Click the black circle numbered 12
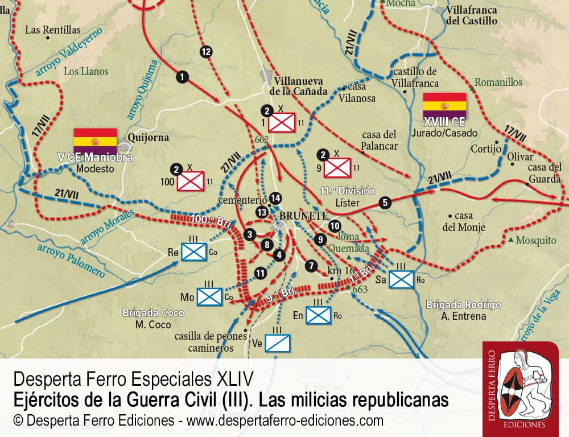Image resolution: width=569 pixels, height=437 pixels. tap(206, 52)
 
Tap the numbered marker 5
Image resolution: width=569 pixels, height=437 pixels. tap(385, 202)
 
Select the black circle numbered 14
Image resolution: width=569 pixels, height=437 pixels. tap(276, 198)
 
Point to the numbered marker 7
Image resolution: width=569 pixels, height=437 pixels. tap(310, 265)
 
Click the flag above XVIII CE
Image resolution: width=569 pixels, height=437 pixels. tap(444, 105)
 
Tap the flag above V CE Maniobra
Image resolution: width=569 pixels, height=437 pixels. tap(95, 141)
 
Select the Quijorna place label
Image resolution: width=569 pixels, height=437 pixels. tap(146, 137)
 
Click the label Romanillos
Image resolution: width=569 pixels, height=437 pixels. tap(498, 83)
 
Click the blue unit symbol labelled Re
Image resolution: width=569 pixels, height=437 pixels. tap(193, 252)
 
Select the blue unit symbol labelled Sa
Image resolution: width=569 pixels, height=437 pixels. tap(402, 279)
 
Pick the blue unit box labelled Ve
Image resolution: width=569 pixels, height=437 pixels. tap(279, 343)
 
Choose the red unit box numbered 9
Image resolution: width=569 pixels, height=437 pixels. tap(337, 167)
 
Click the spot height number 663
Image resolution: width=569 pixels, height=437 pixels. tap(360, 289)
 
